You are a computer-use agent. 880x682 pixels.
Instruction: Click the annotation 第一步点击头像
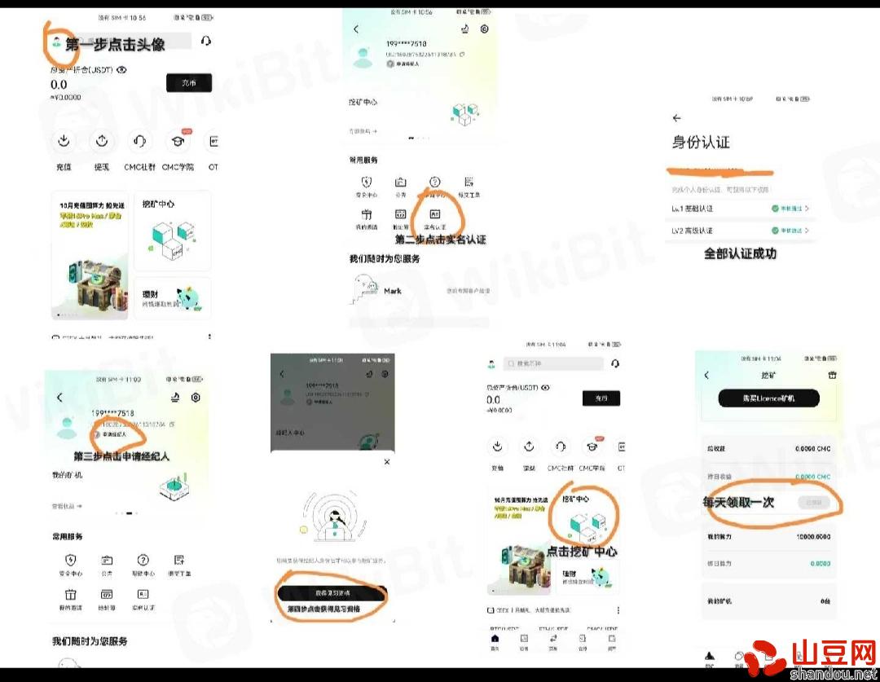(x=115, y=44)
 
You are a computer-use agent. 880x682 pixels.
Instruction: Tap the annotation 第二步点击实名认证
(x=440, y=240)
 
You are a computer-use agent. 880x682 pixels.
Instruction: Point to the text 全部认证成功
(x=740, y=253)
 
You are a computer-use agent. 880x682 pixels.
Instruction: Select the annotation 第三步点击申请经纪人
(x=121, y=456)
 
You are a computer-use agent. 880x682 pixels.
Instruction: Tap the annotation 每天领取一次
(x=738, y=503)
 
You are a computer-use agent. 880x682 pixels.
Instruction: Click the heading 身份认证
(x=700, y=143)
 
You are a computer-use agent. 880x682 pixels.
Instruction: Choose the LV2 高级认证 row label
(x=692, y=231)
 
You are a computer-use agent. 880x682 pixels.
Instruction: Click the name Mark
(x=393, y=291)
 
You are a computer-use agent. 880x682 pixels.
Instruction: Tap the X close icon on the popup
(x=386, y=462)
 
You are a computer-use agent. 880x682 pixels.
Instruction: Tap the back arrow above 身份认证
(x=676, y=118)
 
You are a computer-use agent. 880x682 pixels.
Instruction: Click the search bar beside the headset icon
(x=554, y=363)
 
